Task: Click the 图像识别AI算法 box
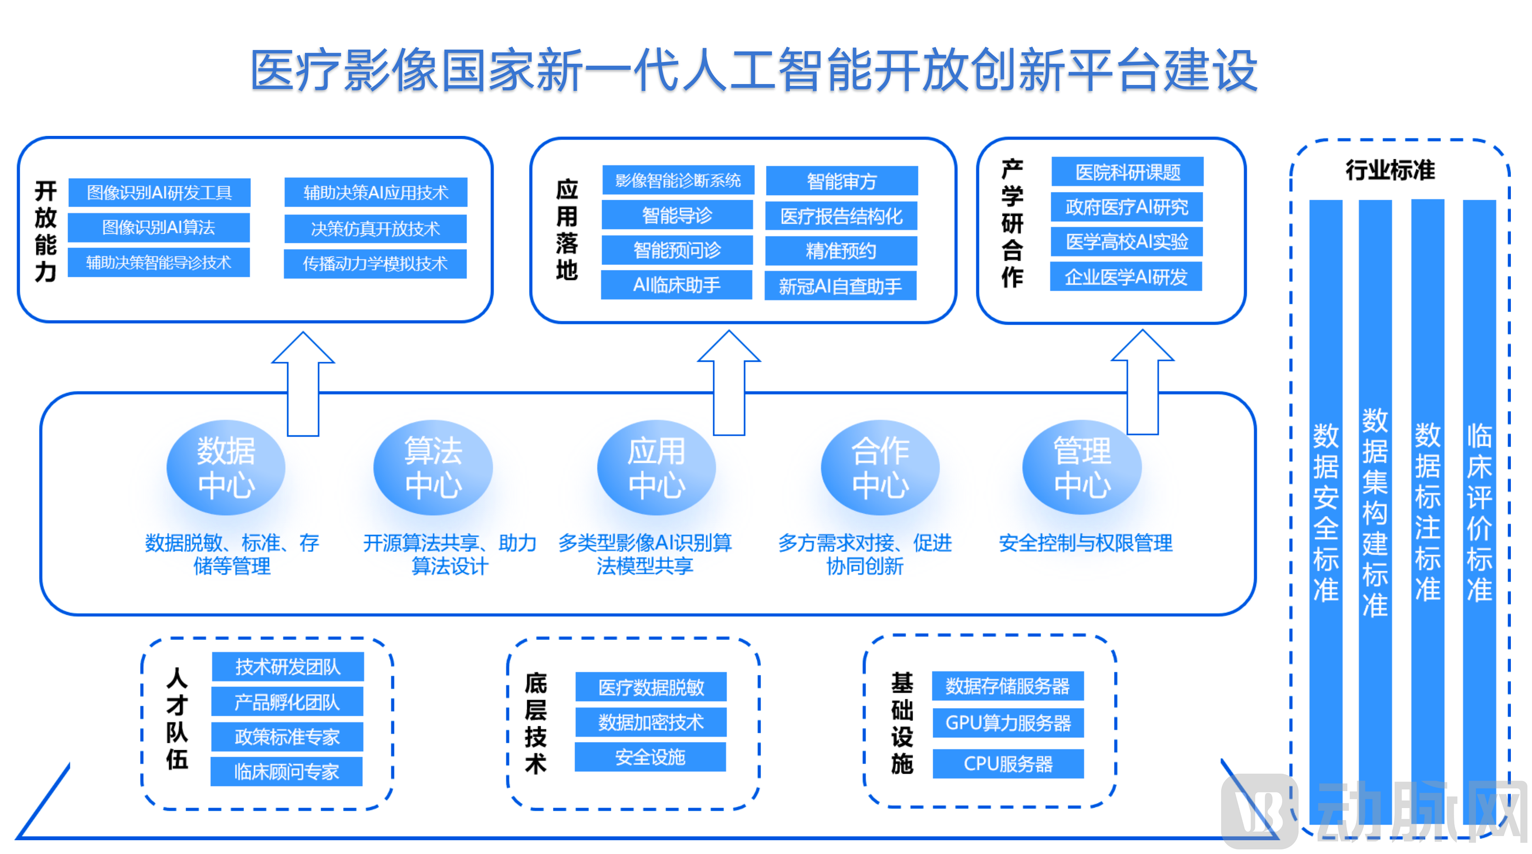(x=159, y=227)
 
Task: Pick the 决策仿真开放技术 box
(x=375, y=228)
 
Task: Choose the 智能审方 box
(x=841, y=181)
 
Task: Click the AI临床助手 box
(x=677, y=285)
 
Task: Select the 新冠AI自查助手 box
(x=840, y=286)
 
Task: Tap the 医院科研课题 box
(x=1127, y=172)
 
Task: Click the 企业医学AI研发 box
(x=1126, y=276)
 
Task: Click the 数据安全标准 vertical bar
(x=1326, y=511)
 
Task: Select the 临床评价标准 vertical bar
(x=1479, y=511)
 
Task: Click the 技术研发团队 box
(x=288, y=667)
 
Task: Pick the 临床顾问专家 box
(x=287, y=771)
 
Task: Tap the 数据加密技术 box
(x=651, y=722)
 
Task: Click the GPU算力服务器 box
(x=1008, y=723)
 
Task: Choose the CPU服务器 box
(x=1008, y=764)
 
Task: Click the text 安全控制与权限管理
(x=1085, y=542)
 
